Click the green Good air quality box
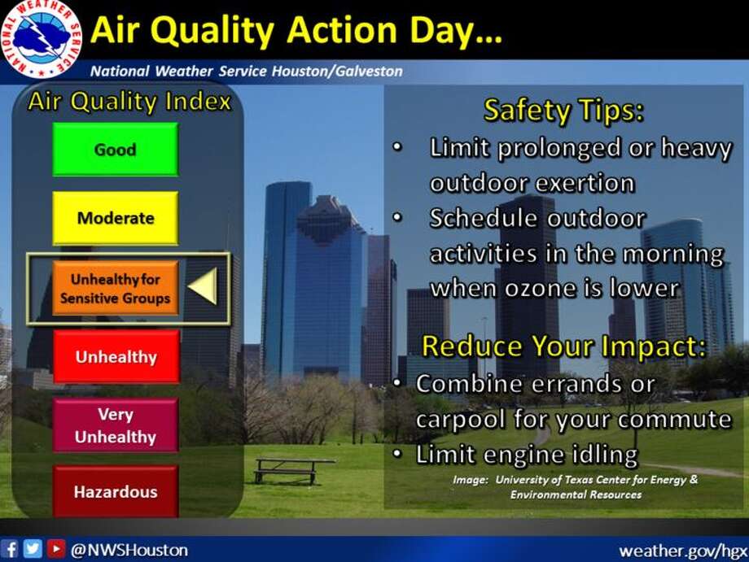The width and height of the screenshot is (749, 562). (x=115, y=150)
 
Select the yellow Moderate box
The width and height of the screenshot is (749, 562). (x=115, y=218)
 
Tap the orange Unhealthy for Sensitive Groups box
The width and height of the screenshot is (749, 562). (x=115, y=288)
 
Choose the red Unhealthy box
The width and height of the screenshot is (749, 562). (x=116, y=356)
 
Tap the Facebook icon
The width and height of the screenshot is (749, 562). (x=10, y=549)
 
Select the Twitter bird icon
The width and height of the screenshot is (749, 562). (x=33, y=549)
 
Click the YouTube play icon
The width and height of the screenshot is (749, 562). (x=56, y=549)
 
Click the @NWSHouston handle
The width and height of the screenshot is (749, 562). (x=129, y=550)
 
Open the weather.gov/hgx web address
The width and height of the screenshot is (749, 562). (x=683, y=551)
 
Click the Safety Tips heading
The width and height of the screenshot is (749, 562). (x=563, y=111)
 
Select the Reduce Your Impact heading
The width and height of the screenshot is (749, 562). (x=563, y=346)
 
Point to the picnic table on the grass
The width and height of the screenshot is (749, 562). (x=293, y=470)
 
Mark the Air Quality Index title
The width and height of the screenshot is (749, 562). (x=129, y=102)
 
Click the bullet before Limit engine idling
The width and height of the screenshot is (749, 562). (x=397, y=453)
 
